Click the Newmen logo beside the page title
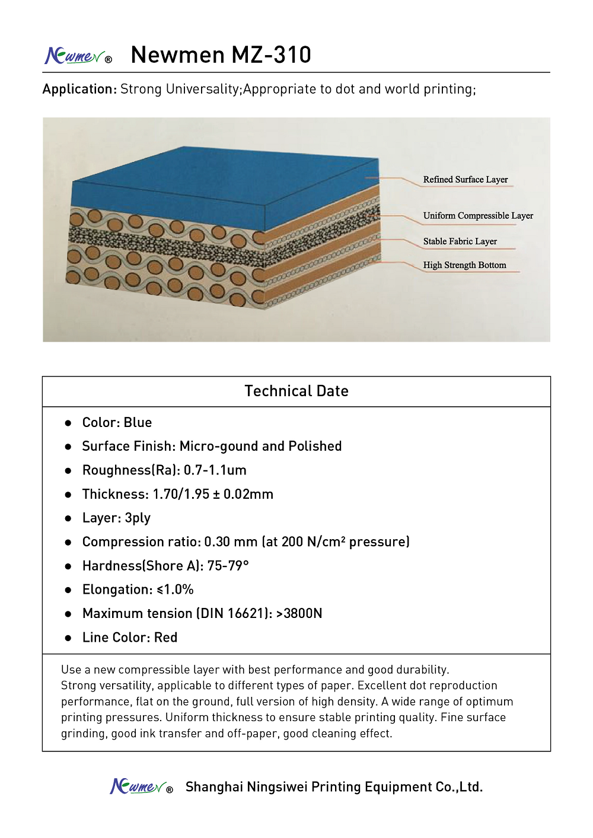(78, 56)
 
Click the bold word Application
(79, 89)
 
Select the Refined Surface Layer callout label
(466, 180)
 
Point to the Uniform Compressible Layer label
(478, 216)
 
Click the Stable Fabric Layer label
(460, 241)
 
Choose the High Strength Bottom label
(465, 265)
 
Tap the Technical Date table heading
(296, 391)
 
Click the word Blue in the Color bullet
(138, 423)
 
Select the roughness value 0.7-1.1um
(215, 470)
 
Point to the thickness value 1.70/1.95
(181, 495)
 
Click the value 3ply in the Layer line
(138, 518)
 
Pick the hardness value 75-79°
(228, 566)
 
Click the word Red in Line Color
(165, 638)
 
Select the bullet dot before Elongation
(68, 590)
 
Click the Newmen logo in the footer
(141, 787)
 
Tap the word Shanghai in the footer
(214, 787)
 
